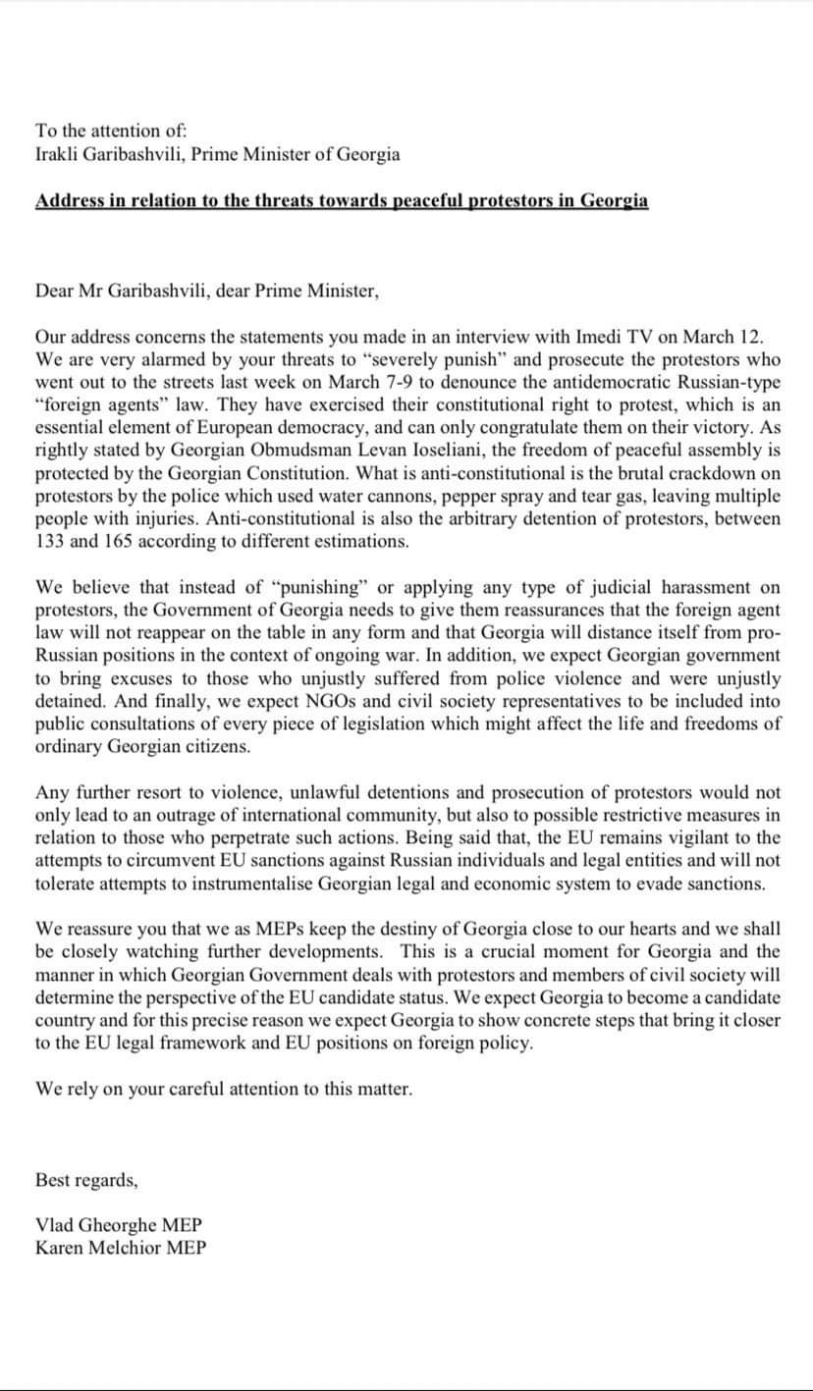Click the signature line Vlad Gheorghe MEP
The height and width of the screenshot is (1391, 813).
point(119,1226)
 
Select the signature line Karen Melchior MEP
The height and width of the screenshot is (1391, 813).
point(121,1248)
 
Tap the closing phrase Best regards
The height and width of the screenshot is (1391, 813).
point(86,1180)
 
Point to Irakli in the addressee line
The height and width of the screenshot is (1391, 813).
point(58,154)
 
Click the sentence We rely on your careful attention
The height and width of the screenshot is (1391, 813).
point(224,1089)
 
